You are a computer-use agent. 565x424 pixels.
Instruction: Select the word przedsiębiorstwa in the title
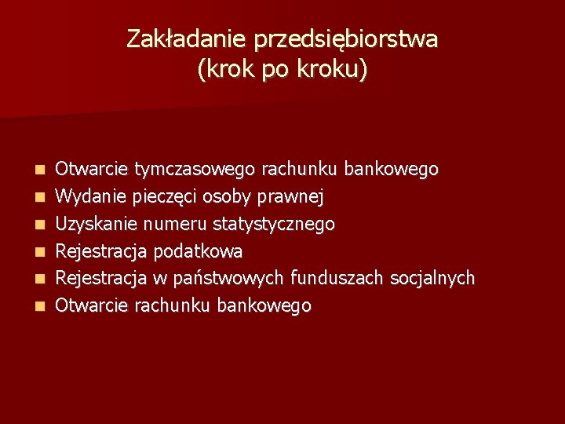343,39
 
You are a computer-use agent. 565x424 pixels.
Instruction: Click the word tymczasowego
195,170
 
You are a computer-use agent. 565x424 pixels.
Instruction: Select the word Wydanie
88,196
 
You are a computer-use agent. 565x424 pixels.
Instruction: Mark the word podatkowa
197,251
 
